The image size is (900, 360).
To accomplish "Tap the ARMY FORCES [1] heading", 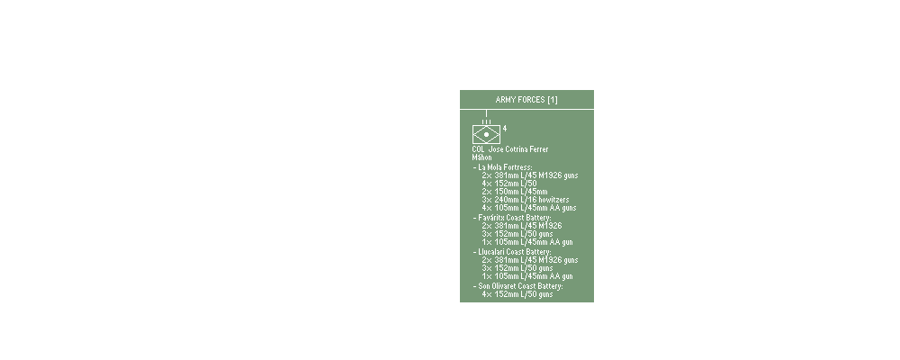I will tap(526, 99).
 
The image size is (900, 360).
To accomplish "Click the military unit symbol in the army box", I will tap(486, 133).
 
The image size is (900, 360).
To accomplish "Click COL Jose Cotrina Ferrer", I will tap(516, 148).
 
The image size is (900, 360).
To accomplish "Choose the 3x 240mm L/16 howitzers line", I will tap(526, 200).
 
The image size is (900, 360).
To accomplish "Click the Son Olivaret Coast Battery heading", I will tap(519, 285).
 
